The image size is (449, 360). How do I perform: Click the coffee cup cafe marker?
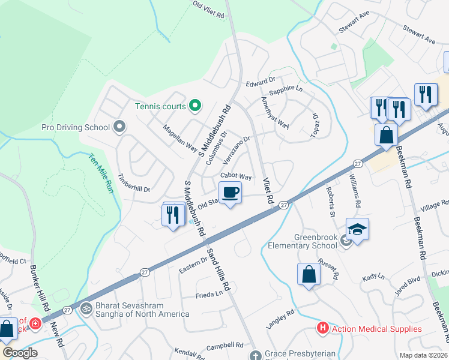coord(231,193)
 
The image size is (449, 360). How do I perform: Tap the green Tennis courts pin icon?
coord(194,106)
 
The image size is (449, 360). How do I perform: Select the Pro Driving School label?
coord(76,127)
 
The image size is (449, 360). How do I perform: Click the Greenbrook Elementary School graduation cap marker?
coord(357,229)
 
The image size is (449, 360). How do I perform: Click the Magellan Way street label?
coord(181,138)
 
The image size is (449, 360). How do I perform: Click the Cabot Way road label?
coord(236,176)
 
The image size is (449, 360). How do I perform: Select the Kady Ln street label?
coord(373,278)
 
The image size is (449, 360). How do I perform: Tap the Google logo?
coord(20,352)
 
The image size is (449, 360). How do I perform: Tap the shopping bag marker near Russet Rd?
coord(309,274)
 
